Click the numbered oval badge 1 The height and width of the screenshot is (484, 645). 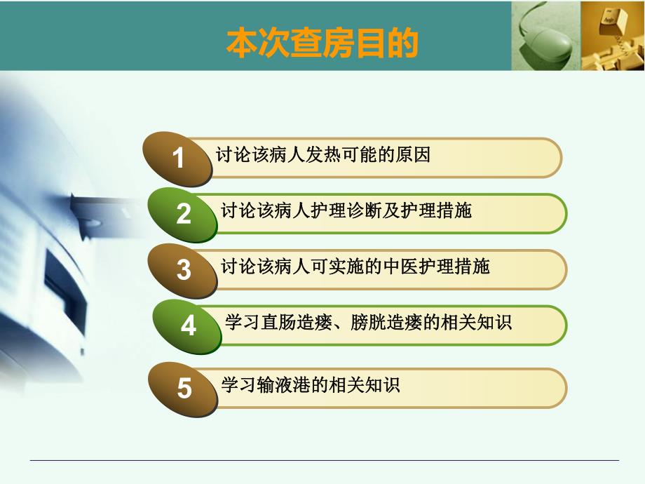[178, 158]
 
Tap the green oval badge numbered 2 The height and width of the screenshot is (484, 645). [183, 213]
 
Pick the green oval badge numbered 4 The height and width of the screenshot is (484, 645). [188, 325]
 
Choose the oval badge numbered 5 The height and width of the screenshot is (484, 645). [184, 387]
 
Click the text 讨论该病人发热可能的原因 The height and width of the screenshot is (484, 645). [323, 154]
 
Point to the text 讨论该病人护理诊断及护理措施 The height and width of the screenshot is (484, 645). [346, 210]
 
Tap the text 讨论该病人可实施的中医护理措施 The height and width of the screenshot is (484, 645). [355, 267]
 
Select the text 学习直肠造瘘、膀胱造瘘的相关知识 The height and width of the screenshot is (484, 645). [369, 323]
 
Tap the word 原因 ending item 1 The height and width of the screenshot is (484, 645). [414, 154]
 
